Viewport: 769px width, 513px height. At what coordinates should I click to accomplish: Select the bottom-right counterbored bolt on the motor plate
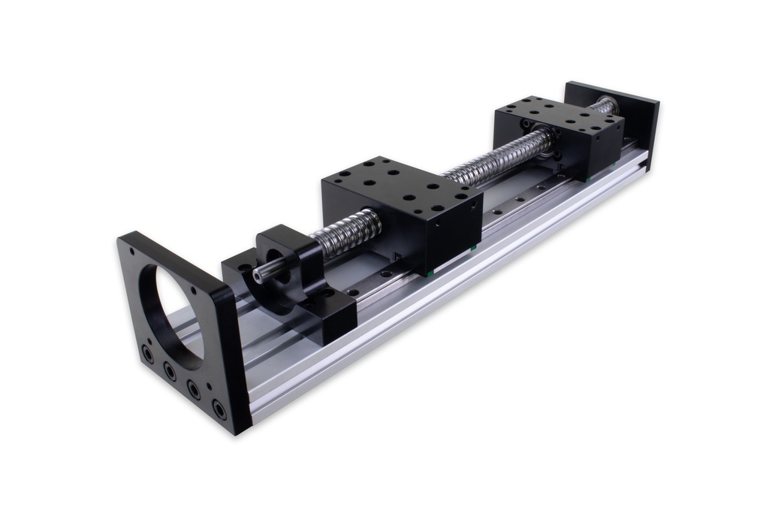coord(219,409)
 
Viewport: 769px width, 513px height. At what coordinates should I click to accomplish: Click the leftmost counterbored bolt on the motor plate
coord(148,353)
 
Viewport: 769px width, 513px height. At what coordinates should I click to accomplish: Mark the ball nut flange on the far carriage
coord(547,143)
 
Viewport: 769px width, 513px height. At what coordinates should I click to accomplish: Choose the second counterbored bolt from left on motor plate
coord(170,371)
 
